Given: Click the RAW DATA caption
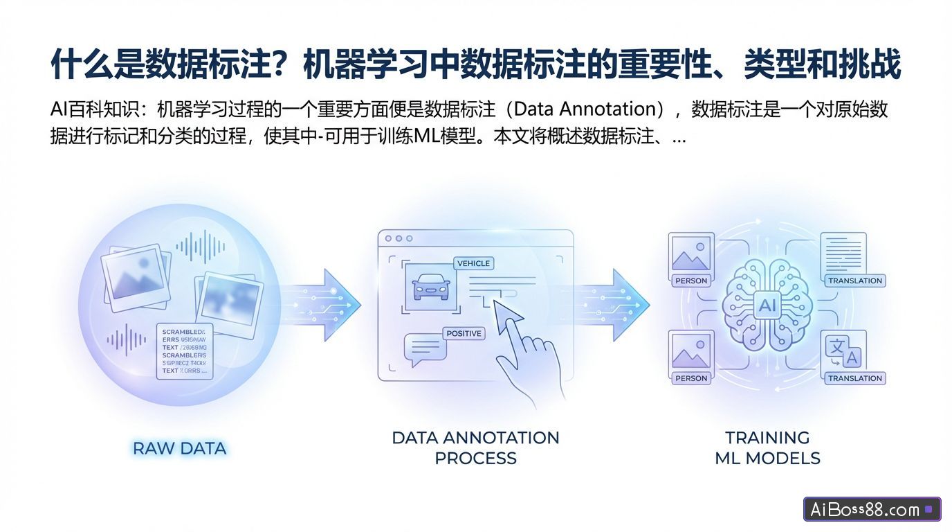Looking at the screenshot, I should pyautogui.click(x=179, y=448).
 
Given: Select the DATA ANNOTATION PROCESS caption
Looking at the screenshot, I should pyautogui.click(x=475, y=447).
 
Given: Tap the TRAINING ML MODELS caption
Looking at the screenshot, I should pyautogui.click(x=767, y=447).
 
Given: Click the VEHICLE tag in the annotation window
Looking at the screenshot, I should pyautogui.click(x=473, y=263).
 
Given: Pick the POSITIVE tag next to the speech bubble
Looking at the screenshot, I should pyautogui.click(x=464, y=333).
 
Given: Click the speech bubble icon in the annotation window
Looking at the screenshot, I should pyautogui.click(x=423, y=350).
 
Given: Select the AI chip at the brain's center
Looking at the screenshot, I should pyautogui.click(x=767, y=305).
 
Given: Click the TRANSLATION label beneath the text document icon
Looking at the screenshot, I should pyautogui.click(x=855, y=281).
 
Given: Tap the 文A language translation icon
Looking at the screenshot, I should pyautogui.click(x=843, y=351).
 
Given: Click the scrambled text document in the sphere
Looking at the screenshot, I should pyautogui.click(x=184, y=351).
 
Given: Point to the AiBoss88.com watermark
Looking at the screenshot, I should pyautogui.click(x=864, y=510).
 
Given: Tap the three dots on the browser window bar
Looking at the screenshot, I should pyautogui.click(x=399, y=238).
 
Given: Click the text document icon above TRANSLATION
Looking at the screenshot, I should pyautogui.click(x=843, y=252).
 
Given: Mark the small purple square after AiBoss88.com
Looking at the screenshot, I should pyautogui.click(x=928, y=510).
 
